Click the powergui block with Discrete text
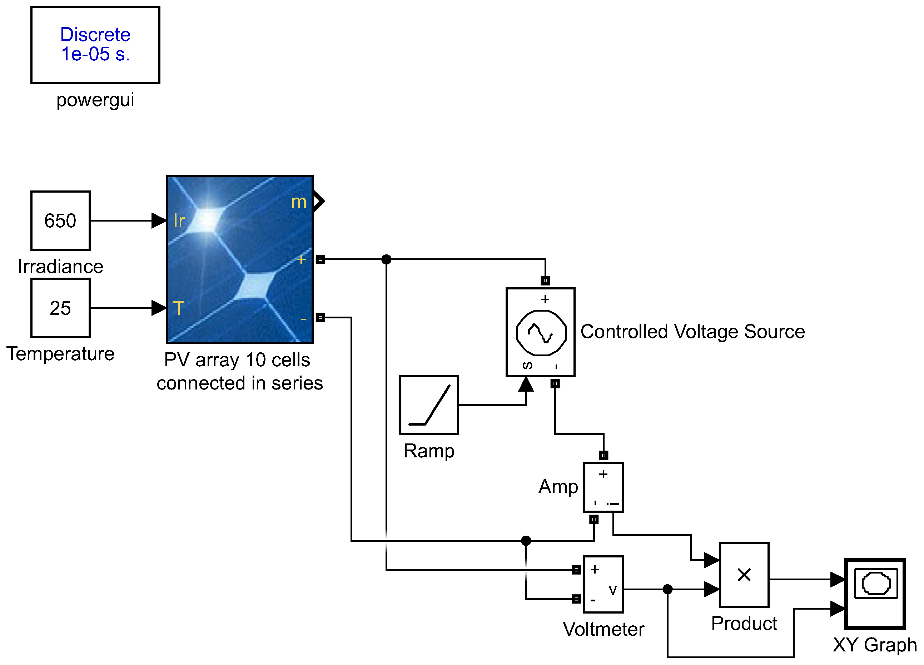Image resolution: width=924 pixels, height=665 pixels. [95, 45]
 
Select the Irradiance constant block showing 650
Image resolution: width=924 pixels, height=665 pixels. [60, 220]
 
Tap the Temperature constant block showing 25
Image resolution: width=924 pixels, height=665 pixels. [60, 308]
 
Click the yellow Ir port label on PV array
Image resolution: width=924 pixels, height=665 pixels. [179, 221]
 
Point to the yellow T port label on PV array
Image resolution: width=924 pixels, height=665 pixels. [178, 308]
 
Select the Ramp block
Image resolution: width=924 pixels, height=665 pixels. [429, 405]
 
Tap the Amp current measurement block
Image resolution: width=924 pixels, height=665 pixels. [603, 487]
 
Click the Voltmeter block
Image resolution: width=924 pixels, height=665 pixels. [603, 584]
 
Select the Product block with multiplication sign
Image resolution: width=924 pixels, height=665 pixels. [744, 575]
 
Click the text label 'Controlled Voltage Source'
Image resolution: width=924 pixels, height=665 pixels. [692, 332]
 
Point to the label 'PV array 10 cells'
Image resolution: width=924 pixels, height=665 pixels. [237, 360]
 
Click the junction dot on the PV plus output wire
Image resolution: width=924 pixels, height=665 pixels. [386, 259]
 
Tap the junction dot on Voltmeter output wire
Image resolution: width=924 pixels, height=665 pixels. [667, 589]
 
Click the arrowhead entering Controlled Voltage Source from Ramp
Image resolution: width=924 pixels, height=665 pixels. [526, 384]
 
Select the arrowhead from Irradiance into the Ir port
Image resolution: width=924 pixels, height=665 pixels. [159, 220]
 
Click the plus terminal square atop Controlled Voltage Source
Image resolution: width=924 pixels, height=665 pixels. [545, 281]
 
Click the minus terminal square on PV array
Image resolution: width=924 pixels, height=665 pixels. [320, 317]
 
